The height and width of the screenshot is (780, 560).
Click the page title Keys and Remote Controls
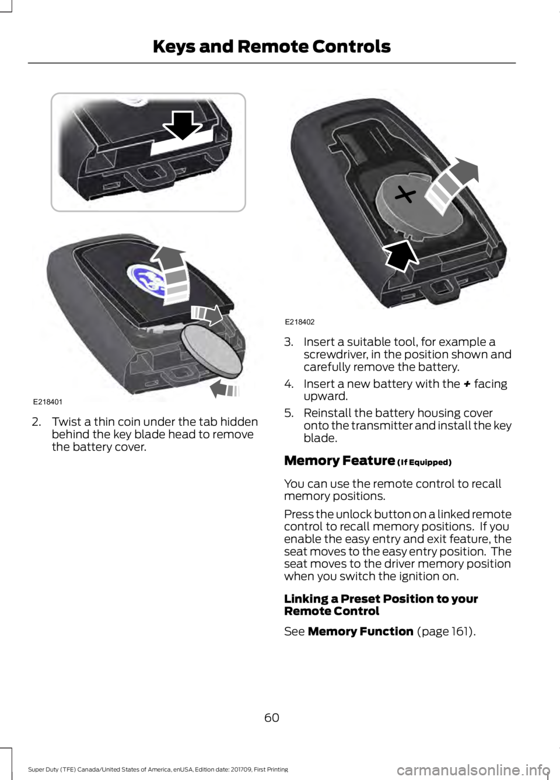272,46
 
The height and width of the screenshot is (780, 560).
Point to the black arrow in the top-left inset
183,124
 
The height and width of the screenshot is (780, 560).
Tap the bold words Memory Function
360,631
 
